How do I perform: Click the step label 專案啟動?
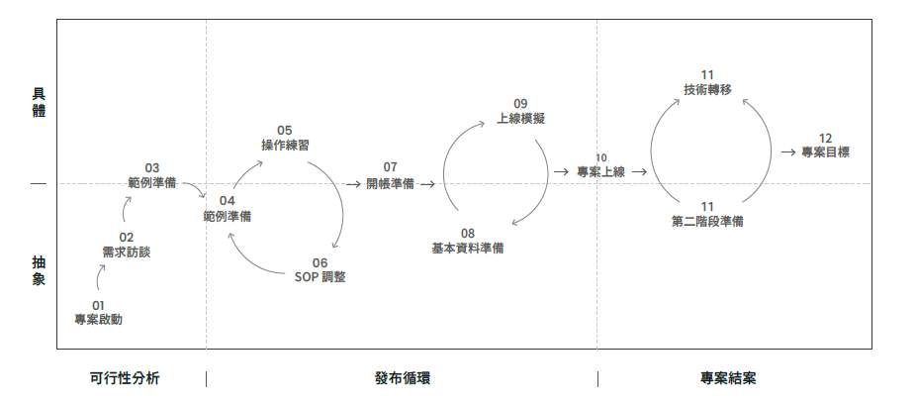98,320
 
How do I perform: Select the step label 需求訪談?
127,253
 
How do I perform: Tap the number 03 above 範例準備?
152,168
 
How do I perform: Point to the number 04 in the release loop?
228,201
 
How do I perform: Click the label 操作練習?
285,145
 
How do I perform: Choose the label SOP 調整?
320,277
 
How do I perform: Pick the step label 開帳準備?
390,183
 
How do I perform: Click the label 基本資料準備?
468,248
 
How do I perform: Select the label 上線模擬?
520,118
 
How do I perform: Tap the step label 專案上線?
601,171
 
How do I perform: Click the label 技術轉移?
707,89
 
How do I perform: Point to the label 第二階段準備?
707,221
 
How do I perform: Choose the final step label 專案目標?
825,152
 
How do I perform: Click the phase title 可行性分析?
125,378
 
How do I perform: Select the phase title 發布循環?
403,378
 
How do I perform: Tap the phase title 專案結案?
729,378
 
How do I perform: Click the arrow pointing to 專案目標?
788,152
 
